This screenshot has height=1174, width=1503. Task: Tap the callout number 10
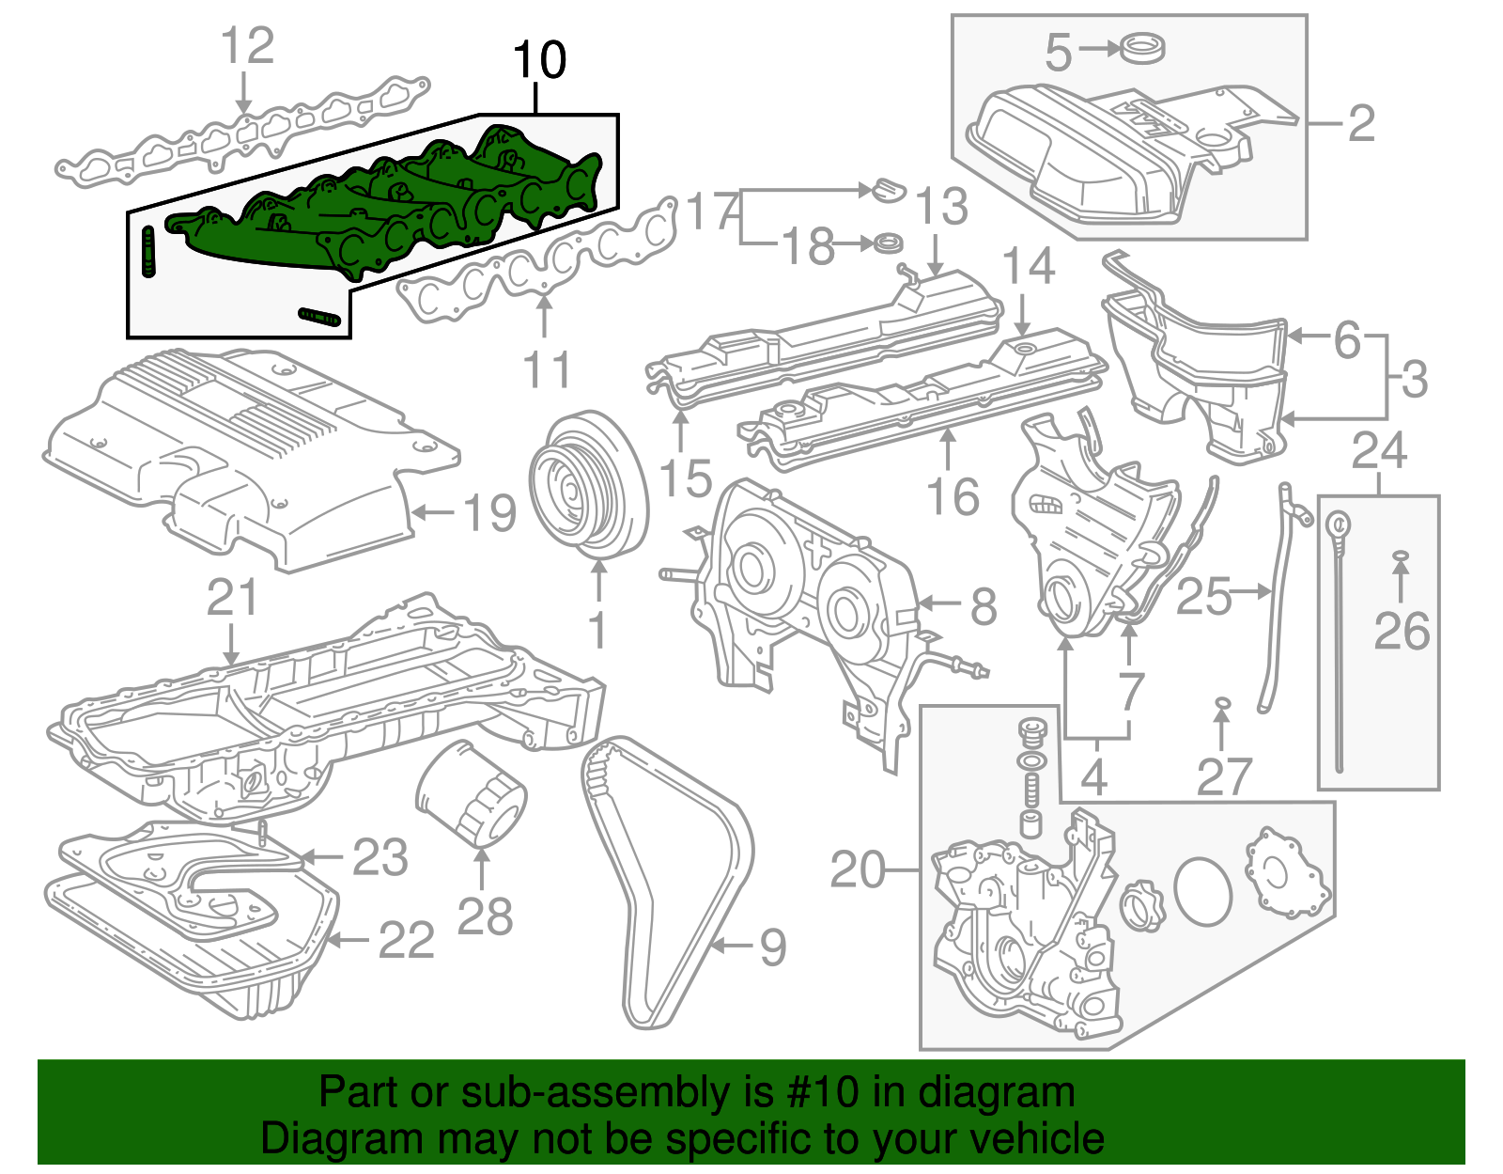click(540, 61)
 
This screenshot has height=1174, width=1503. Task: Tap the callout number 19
click(490, 514)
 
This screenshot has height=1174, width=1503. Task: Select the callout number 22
click(406, 941)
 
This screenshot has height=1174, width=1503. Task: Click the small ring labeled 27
click(1221, 703)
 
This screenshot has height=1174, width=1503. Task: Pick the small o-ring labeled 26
click(1400, 557)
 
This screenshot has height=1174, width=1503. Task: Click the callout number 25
click(1203, 597)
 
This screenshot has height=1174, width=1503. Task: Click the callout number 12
click(247, 46)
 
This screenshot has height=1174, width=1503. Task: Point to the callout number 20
click(857, 870)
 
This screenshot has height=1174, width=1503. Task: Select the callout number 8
click(983, 606)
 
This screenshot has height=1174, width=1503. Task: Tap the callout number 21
click(232, 598)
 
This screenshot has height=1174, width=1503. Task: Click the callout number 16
click(953, 497)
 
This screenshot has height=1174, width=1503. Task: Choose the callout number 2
click(1361, 124)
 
